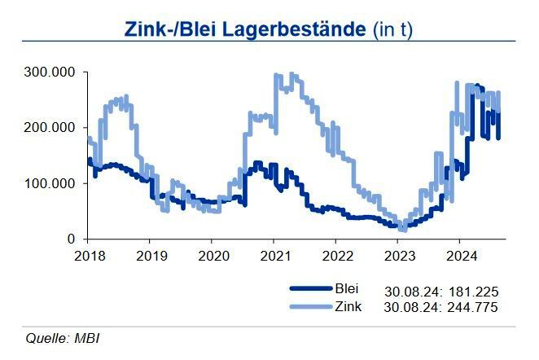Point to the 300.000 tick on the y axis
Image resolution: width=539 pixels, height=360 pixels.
[50, 72]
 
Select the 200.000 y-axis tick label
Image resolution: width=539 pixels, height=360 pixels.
[50, 128]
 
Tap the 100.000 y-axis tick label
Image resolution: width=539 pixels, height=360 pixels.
[50, 183]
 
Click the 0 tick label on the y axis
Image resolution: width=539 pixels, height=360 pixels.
[72, 239]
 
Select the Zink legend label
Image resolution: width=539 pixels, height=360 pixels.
[348, 306]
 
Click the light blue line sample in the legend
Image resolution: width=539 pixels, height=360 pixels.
[311, 307]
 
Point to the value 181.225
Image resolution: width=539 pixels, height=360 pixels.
[471, 291]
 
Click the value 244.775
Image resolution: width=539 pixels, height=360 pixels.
[471, 307]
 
